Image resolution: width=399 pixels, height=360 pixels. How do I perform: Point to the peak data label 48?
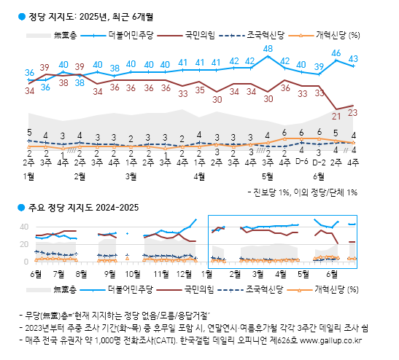[x=268, y=49]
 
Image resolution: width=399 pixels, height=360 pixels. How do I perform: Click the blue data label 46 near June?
[x=336, y=52]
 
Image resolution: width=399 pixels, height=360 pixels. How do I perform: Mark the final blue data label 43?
[x=353, y=58]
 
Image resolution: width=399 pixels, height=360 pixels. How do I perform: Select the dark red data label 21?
[x=336, y=114]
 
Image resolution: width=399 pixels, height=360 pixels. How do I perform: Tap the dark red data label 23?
[x=353, y=111]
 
